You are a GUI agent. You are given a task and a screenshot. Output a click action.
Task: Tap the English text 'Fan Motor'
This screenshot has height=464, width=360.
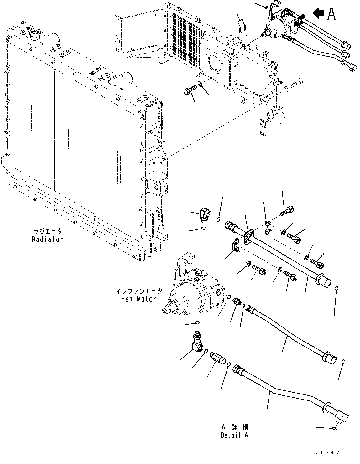[138, 299]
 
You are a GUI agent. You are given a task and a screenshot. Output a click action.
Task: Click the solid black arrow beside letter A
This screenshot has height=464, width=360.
[318, 13]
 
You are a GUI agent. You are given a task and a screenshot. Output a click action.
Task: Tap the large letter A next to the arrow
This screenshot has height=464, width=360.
[331, 13]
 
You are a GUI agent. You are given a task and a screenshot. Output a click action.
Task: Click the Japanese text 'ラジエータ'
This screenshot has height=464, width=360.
[48, 231]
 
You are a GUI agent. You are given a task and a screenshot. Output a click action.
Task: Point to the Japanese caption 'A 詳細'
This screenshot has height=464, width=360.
[235, 427]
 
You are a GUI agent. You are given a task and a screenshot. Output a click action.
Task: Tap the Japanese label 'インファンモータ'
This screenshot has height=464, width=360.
[139, 291]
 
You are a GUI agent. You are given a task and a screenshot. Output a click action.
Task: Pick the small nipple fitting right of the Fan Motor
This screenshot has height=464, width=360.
[237, 302]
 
